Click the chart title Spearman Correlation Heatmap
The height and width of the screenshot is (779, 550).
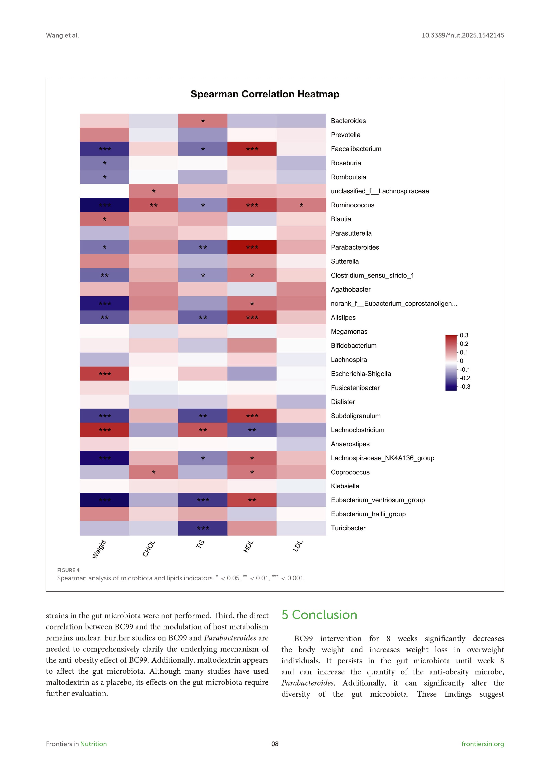265,94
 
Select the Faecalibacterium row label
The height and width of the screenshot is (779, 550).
356,149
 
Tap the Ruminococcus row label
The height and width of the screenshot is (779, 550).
352,205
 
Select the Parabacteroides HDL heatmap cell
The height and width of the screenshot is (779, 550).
252,247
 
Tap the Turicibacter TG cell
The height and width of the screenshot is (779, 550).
203,528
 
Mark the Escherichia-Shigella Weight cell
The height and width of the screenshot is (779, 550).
104,373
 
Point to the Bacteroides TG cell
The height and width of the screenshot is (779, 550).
203,121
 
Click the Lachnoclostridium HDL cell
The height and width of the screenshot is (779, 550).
252,430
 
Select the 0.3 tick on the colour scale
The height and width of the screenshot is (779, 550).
464,335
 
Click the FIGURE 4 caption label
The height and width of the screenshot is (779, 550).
68,570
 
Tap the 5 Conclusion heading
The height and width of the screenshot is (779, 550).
319,615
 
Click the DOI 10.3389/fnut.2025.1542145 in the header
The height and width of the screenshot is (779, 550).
462,35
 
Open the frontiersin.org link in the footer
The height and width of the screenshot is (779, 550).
483,744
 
